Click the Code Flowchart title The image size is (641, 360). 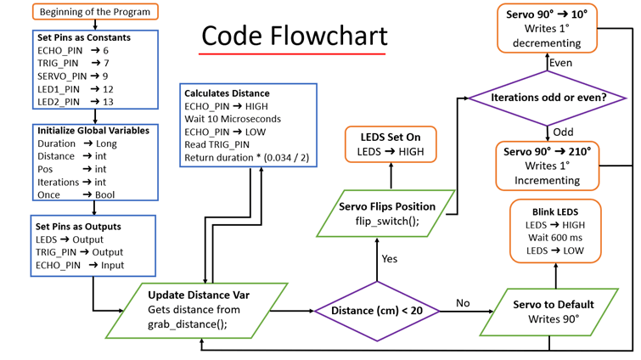click(294, 36)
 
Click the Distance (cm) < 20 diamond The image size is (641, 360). click(376, 312)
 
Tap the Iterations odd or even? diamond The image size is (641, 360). click(548, 98)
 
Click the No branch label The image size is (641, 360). click(463, 303)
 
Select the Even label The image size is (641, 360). click(561, 63)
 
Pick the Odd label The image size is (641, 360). click(563, 132)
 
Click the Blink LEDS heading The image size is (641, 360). click(556, 211)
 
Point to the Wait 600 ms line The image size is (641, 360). click(555, 238)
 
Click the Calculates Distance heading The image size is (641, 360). click(227, 93)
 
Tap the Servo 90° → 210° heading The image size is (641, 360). click(548, 151)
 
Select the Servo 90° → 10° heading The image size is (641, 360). click(547, 14)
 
